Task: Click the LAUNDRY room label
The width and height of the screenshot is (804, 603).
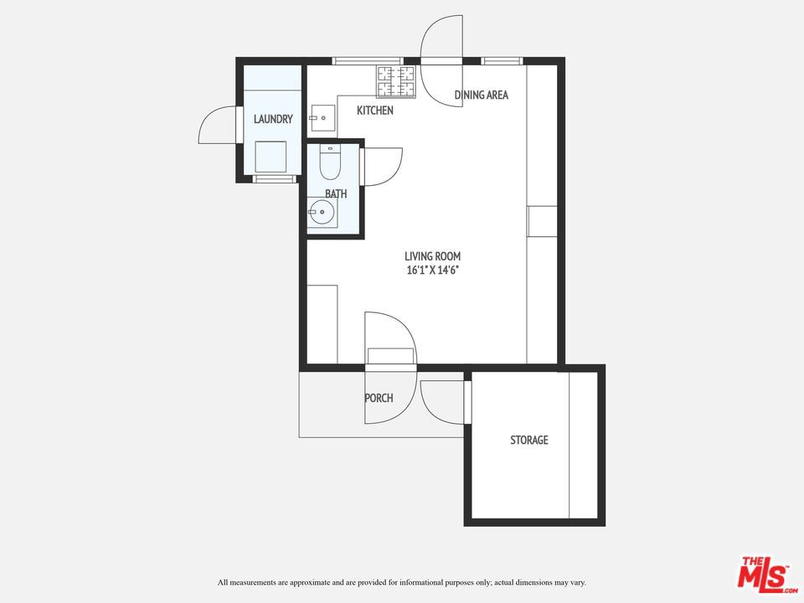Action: click(273, 119)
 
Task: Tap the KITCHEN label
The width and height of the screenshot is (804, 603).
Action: click(375, 111)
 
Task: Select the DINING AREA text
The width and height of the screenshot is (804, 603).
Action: click(482, 95)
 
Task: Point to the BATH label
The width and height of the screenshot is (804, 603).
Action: click(336, 193)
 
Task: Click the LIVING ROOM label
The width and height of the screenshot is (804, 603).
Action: click(433, 256)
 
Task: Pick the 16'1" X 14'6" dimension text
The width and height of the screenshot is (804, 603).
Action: click(432, 271)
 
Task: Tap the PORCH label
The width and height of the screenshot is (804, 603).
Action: click(379, 398)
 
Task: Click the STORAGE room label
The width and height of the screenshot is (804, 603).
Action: click(529, 440)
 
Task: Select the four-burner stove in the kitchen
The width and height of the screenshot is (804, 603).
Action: click(396, 81)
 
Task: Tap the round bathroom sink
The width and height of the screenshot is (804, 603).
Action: click(322, 211)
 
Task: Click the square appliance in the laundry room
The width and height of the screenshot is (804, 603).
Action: click(271, 157)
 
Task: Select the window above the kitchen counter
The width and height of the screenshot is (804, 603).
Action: click(368, 61)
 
